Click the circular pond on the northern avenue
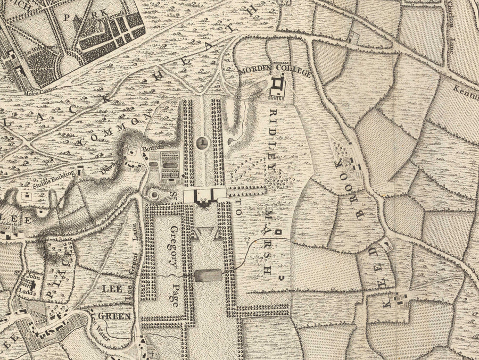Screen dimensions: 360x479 (202, 143)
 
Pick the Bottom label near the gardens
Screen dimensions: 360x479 (151, 148)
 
